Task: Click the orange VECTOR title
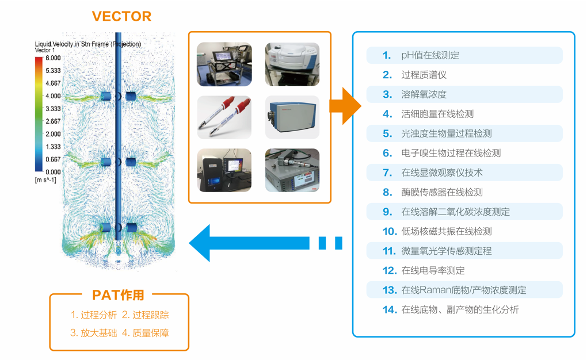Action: (121, 16)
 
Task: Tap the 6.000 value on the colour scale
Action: (54, 58)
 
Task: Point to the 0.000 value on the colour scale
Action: (54, 172)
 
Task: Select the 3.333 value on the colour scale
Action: (54, 109)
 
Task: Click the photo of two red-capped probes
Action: (224, 117)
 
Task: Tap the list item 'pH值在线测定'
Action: (430, 55)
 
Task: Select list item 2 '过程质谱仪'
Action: (424, 75)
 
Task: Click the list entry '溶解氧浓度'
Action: (424, 94)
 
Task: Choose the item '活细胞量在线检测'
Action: (437, 114)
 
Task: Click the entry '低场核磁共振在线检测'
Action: (446, 231)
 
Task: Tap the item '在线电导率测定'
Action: (433, 270)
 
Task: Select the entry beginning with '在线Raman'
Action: (463, 290)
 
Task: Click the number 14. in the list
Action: (390, 309)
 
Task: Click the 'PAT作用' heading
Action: (119, 295)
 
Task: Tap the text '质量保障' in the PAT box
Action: (150, 332)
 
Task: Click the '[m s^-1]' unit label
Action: (46, 180)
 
